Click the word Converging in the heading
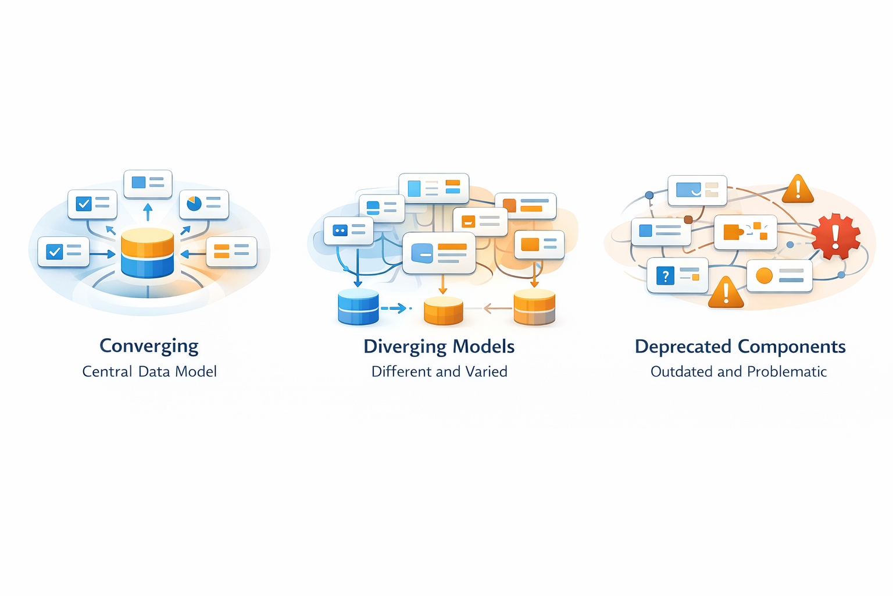coord(149,346)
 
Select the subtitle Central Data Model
coord(149,371)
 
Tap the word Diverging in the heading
coord(405,347)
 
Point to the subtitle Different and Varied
coord(440,371)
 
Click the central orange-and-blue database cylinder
coord(148,253)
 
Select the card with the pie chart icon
coord(204,204)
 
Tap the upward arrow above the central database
coord(148,211)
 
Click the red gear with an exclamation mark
coord(835,236)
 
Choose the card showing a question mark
coord(677,275)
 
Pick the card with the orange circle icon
coord(779,276)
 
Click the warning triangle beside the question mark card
coord(726,293)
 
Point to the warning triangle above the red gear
coord(798,189)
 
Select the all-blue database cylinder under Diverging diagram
coord(358,307)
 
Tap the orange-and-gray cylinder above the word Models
coord(534,307)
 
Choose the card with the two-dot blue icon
coord(348,230)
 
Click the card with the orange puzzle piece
coord(745,232)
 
